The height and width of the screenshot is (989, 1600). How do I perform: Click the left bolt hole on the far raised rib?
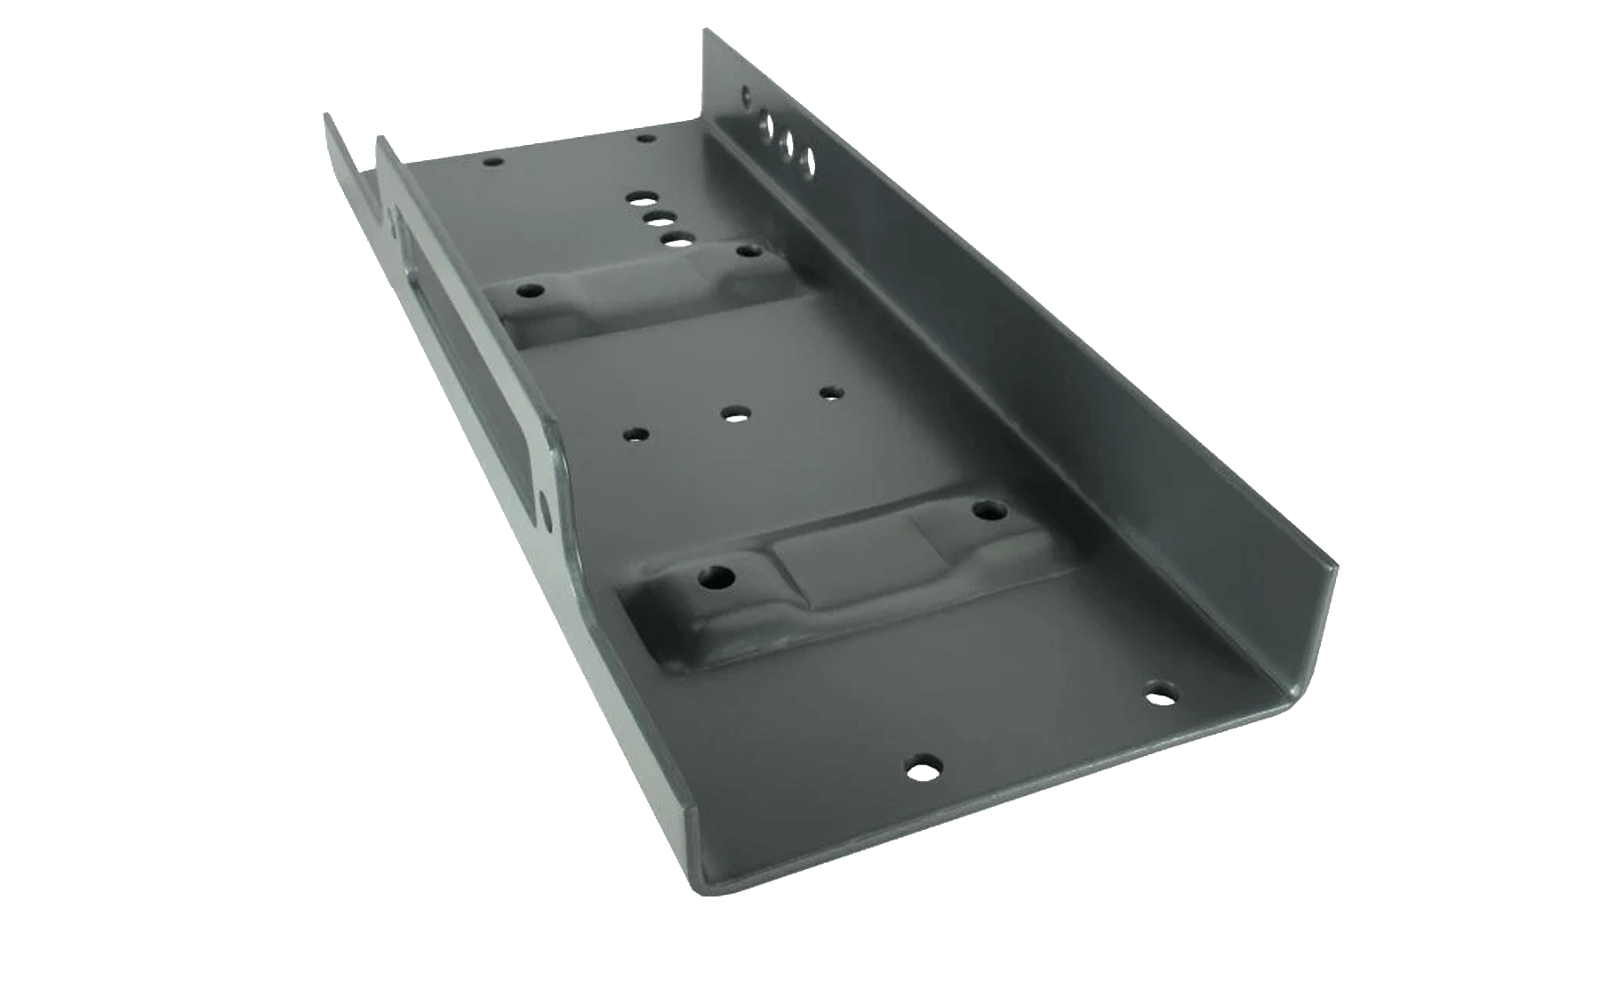[532, 291]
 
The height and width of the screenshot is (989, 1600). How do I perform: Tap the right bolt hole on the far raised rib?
[745, 251]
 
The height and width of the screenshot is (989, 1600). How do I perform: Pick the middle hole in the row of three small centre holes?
[734, 414]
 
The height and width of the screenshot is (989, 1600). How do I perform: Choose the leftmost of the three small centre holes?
[636, 435]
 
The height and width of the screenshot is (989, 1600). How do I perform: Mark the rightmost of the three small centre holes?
[830, 391]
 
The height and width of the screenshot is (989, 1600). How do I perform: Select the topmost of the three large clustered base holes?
[638, 199]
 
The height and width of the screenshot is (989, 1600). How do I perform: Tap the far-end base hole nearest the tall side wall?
[644, 140]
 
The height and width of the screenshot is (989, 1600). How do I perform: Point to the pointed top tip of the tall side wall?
[707, 31]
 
